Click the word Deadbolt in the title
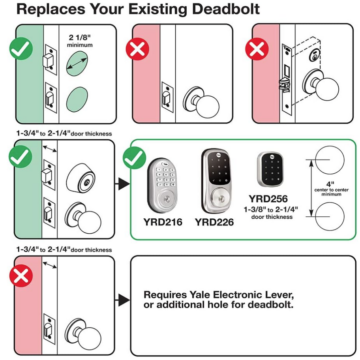coord(226,9)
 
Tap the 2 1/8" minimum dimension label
coord(80,41)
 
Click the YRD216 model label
coord(163,222)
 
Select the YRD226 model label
coord(214,222)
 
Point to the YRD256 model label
coord(268,199)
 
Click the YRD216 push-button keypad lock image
coord(163,186)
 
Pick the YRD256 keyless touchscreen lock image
coord(270,169)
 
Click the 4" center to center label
coord(331,189)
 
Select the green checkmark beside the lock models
coord(134,158)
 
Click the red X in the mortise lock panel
coord(257,49)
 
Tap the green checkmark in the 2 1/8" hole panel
coord(21,49)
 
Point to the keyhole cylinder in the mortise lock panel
coord(314,56)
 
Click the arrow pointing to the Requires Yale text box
coord(122,300)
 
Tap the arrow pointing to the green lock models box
coord(122,184)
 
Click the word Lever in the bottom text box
coord(279,294)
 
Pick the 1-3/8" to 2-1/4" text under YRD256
coord(271,210)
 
